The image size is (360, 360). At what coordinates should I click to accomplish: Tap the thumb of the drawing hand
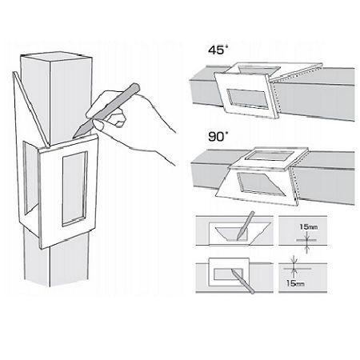coord(118,122)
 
